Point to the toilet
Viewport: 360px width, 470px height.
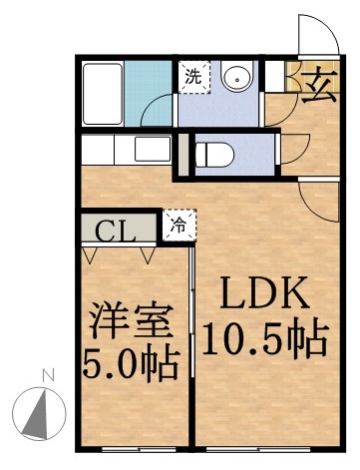(x=213, y=155)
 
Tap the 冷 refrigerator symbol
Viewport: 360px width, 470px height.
(x=180, y=223)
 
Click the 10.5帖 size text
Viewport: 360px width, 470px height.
(x=265, y=341)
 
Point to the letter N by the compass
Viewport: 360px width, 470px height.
(x=45, y=376)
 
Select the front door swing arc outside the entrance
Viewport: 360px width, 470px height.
(x=315, y=35)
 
